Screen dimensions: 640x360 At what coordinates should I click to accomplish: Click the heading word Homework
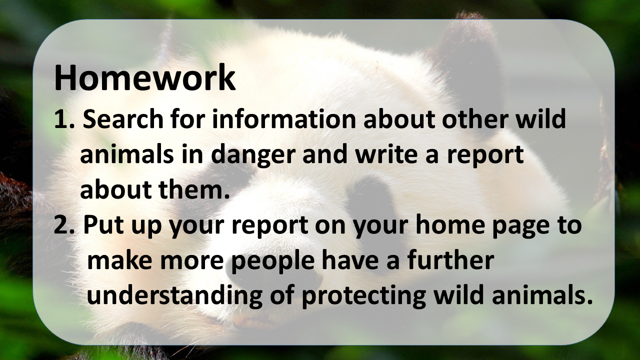[x=145, y=77]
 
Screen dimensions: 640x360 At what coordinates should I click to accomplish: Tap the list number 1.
[x=64, y=119]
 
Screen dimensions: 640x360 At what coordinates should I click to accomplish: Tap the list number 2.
[x=64, y=224]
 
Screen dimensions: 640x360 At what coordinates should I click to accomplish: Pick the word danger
[x=253, y=155]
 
